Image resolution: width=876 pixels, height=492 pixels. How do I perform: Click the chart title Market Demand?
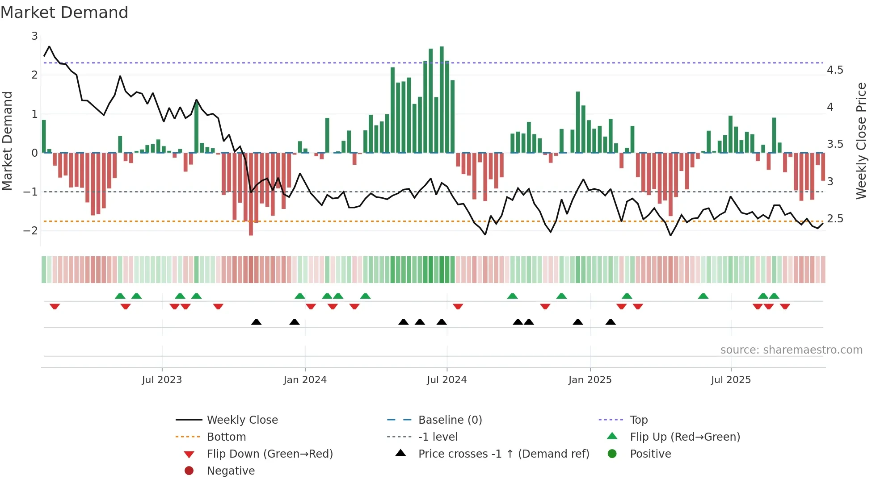[64, 12]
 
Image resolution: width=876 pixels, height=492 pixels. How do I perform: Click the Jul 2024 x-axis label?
[446, 379]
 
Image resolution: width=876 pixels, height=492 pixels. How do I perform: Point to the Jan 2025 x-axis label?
[590, 379]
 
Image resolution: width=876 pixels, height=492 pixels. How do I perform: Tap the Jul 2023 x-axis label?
[162, 379]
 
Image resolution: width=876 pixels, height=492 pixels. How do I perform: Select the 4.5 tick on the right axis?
[834, 70]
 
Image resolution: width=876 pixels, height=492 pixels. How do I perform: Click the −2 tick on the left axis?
[31, 230]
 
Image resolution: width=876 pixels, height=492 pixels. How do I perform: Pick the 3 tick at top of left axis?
[34, 36]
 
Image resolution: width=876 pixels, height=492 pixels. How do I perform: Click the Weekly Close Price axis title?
[861, 141]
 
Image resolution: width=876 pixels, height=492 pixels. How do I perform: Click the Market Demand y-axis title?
[7, 141]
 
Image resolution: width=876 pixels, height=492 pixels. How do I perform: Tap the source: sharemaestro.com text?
[791, 350]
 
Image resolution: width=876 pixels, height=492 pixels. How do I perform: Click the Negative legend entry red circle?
[189, 471]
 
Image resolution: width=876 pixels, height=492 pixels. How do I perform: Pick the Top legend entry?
[638, 420]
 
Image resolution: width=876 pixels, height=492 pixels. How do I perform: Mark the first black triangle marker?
[256, 322]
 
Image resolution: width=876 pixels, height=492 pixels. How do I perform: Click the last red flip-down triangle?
[785, 306]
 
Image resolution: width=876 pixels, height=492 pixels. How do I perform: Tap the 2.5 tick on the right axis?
[834, 219]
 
